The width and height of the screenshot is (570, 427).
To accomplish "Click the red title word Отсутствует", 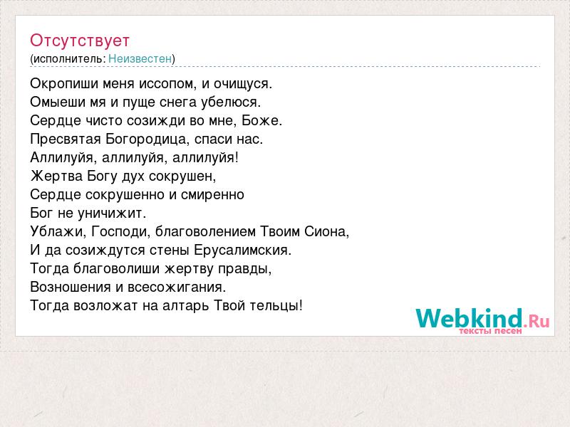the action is [80, 41].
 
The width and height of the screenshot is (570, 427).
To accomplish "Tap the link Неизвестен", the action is [140, 58].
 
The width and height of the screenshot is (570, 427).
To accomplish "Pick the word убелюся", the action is [231, 102].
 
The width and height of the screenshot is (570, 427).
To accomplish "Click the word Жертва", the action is [56, 176].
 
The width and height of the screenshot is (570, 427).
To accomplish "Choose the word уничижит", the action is [112, 213].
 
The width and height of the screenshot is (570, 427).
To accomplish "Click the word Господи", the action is [120, 232].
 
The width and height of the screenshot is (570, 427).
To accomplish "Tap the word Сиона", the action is [327, 232].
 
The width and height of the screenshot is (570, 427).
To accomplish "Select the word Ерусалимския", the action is [242, 251].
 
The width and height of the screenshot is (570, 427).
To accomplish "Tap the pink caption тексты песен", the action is [490, 331].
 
